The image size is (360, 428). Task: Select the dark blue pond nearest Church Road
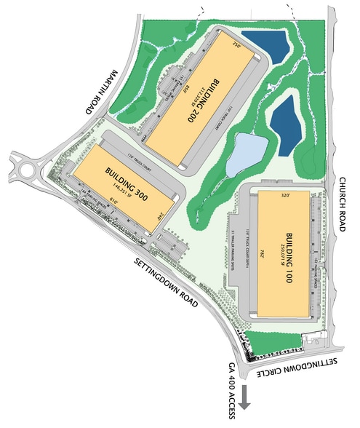(x=285, y=122)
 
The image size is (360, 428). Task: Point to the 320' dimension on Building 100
(x=286, y=196)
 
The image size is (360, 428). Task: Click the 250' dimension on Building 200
(x=235, y=44)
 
